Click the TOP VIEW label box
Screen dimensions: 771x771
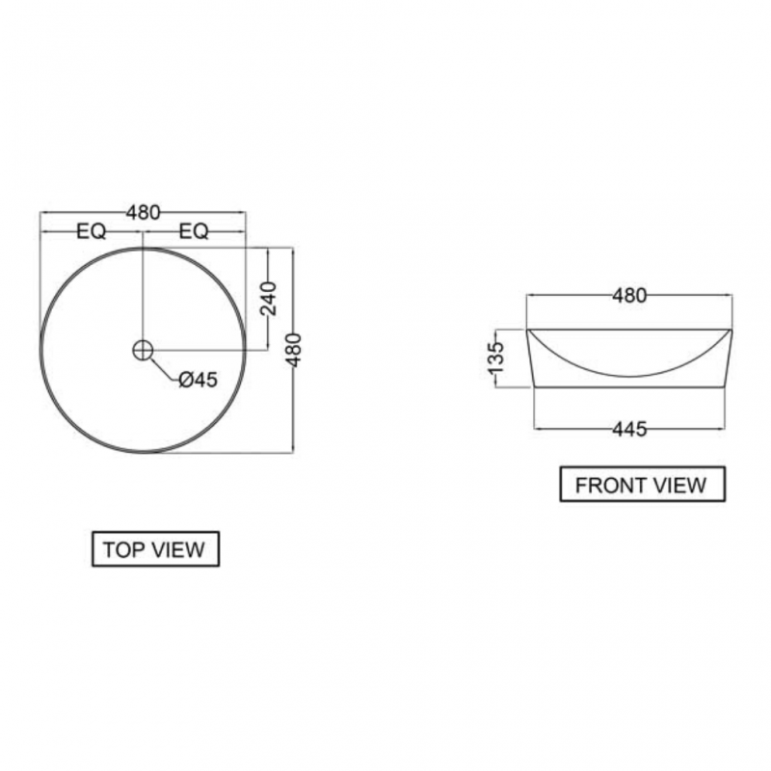click(155, 548)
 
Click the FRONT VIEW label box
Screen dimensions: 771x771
click(642, 485)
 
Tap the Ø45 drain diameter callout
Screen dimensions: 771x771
click(198, 380)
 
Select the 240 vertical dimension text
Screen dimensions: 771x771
click(269, 299)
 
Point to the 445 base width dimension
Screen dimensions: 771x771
click(629, 429)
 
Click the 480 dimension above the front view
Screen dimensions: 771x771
click(629, 296)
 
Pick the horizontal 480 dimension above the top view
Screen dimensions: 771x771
click(143, 212)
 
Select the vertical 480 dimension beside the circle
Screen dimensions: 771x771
click(294, 350)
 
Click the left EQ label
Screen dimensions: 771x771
click(92, 231)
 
